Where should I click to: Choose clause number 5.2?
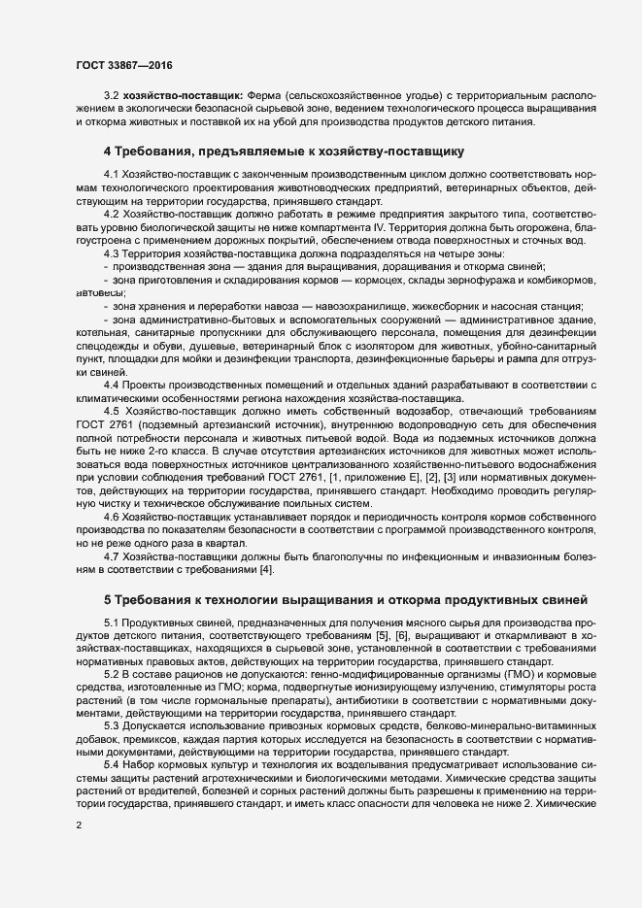click(x=113, y=674)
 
